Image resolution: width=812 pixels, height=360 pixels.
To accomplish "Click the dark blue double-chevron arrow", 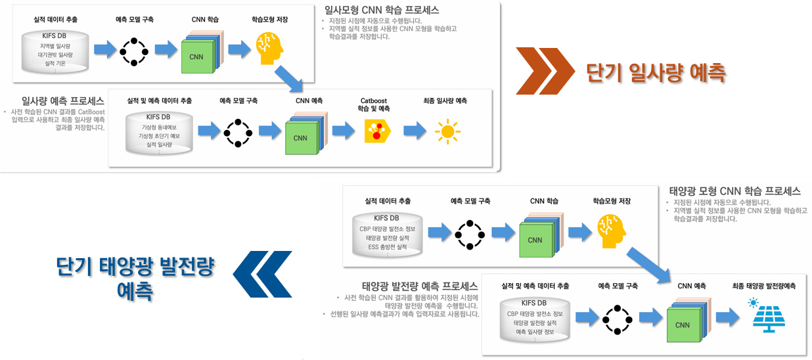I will point(263,273).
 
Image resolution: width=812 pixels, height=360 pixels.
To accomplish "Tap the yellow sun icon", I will point(447,131).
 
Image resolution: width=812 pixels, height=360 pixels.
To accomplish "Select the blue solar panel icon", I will point(763,315).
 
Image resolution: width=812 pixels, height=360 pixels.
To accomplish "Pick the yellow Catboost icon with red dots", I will point(377,131).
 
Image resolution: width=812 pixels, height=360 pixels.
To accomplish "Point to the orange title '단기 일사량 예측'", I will point(656,72).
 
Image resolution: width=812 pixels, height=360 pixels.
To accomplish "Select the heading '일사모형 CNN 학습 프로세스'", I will point(382,11).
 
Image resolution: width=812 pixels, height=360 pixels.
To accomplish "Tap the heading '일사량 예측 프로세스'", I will point(62,101).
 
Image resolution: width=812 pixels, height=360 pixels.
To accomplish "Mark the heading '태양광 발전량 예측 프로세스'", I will point(420,286).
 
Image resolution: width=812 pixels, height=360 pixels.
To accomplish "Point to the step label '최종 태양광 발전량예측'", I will point(763,286).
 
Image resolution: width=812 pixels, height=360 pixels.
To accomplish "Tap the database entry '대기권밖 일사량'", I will point(55,55).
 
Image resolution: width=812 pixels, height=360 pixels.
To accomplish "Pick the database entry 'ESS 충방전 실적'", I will point(387,246).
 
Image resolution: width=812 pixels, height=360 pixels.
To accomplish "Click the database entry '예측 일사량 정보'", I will point(534,332).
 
